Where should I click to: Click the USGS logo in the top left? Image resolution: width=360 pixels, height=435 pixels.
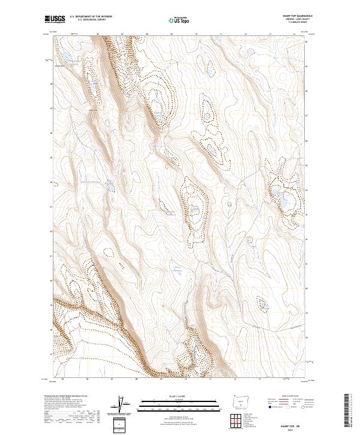(55, 19)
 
